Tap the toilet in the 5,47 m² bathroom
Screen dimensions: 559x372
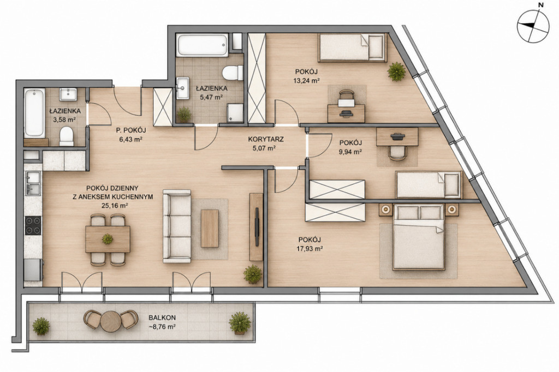233,73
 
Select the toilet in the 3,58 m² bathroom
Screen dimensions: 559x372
66,136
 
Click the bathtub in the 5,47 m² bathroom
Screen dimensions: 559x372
202,45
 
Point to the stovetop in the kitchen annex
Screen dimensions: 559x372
33,226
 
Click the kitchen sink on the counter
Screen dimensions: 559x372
33,183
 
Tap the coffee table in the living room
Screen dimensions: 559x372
210,229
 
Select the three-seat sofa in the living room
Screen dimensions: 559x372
177,226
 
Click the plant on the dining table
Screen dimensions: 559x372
108,239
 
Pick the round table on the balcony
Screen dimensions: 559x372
111,321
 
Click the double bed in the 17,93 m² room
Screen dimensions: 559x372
419,237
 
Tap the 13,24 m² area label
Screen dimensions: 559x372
306,81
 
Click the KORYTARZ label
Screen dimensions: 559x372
266,139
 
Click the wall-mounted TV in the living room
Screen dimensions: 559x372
257,227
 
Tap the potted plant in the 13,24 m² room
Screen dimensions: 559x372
396,71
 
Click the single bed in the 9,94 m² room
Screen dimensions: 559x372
429,184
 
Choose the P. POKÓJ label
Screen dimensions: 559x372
131,130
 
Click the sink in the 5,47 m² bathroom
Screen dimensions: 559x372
184,88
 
